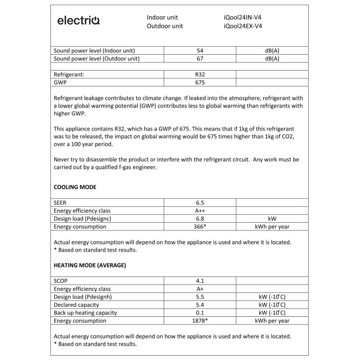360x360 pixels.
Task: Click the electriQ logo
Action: tap(78, 21)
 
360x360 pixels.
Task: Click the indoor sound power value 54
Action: tap(200, 50)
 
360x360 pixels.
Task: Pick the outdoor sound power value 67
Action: tap(200, 59)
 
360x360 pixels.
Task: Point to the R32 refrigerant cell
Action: tap(200, 74)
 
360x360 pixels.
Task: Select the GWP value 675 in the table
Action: tap(200, 83)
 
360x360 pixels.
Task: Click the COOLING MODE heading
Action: tap(75, 187)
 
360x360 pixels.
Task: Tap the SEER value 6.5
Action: tap(200, 203)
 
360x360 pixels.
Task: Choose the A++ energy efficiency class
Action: tap(200, 211)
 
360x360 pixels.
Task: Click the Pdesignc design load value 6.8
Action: tap(200, 218)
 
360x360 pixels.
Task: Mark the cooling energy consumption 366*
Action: tap(200, 227)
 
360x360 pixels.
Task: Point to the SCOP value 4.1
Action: tap(200, 281)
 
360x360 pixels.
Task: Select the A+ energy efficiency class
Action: tap(200, 289)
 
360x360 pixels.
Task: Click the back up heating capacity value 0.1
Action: tap(200, 312)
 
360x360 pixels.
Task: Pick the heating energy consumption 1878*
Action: tap(200, 321)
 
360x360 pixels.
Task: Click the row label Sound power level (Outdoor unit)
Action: tap(96, 59)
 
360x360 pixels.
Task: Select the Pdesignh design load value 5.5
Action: tap(200, 297)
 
